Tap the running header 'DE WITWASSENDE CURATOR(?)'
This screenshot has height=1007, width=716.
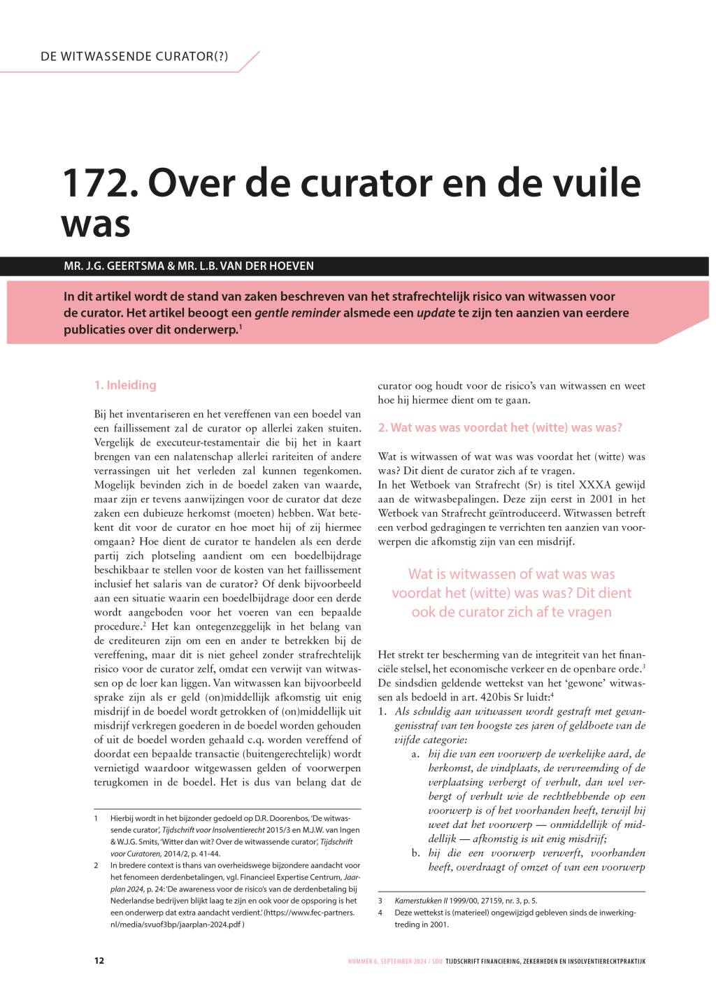click(134, 57)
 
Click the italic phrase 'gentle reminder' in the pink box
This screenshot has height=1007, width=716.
click(297, 313)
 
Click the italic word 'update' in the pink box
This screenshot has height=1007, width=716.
click(436, 313)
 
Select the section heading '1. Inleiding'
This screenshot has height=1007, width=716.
click(125, 385)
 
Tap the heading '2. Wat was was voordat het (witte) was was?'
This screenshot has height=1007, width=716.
click(500, 427)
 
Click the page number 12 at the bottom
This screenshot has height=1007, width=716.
click(99, 960)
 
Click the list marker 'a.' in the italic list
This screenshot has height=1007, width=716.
click(415, 753)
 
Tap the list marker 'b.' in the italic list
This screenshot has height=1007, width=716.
click(415, 852)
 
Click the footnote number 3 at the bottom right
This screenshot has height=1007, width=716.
click(380, 901)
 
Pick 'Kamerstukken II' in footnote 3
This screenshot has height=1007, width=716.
click(423, 901)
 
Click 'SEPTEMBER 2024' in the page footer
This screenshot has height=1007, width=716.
click(402, 961)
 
